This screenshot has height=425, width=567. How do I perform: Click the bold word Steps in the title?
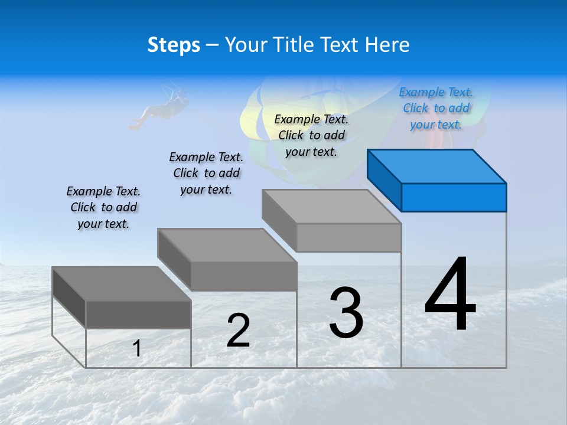click(x=174, y=45)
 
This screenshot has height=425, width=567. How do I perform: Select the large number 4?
click(x=451, y=295)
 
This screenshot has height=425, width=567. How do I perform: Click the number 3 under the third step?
click(x=346, y=313)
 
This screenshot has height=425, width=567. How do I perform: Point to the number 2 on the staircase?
click(x=239, y=331)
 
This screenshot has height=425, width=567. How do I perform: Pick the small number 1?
click(x=137, y=348)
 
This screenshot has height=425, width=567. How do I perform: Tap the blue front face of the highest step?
click(x=454, y=197)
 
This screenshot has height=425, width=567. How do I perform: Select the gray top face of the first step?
click(x=121, y=284)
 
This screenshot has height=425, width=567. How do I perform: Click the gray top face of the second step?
click(x=227, y=245)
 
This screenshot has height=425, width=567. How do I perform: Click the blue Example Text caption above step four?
click(x=436, y=108)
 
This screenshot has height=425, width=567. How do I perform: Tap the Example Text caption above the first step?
click(x=103, y=207)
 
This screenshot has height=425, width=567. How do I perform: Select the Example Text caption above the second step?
click(x=206, y=173)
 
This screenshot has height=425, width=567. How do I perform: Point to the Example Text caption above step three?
click(x=311, y=135)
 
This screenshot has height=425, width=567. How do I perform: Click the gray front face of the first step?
click(x=138, y=314)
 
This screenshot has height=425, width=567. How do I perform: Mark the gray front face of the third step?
click(x=348, y=237)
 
